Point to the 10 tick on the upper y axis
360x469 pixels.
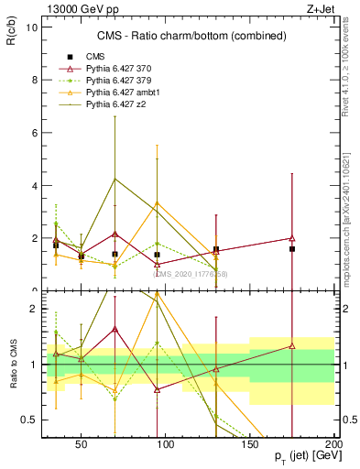[x=30, y=27]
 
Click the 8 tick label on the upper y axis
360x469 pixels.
[x=33, y=80]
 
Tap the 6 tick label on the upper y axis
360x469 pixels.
[x=33, y=133]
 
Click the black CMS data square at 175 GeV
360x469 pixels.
[x=292, y=249]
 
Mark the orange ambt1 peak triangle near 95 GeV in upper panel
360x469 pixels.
[x=158, y=202]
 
